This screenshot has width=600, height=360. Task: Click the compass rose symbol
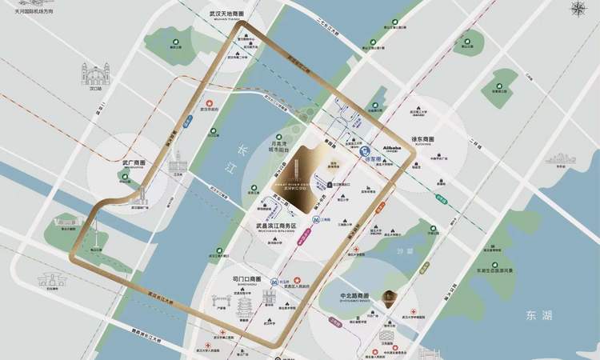[x=577, y=10]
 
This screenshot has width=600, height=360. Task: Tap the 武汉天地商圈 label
[x=225, y=14]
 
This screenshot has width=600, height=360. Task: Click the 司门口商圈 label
[x=246, y=279]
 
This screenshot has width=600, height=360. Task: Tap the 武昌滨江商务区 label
[x=271, y=226]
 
